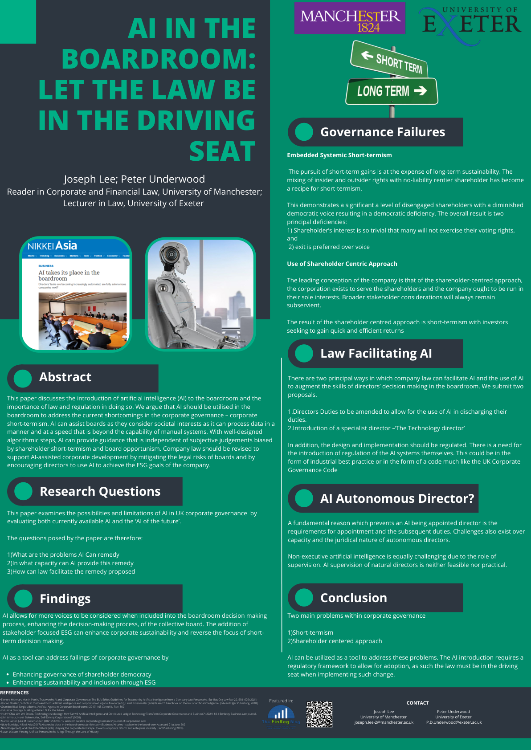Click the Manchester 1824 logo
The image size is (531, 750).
(x=350, y=19)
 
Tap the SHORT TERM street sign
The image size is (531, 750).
(x=390, y=61)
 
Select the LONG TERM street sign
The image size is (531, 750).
(x=392, y=91)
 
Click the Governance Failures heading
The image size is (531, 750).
(x=382, y=132)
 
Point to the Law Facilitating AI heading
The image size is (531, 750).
(x=376, y=353)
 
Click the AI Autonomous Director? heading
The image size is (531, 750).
(x=396, y=498)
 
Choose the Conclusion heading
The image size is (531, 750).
(x=353, y=598)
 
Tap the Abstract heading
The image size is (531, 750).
(x=65, y=377)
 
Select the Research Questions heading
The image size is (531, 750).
(x=100, y=491)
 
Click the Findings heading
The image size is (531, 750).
(x=65, y=599)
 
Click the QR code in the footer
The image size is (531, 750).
(x=319, y=714)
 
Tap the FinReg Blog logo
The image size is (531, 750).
(x=281, y=715)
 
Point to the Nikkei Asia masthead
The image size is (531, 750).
(x=53, y=246)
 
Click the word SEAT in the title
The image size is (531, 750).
(x=222, y=151)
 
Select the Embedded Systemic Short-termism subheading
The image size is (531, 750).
(x=339, y=155)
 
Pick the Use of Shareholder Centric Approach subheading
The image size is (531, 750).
(x=342, y=264)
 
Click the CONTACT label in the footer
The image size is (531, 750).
(x=417, y=703)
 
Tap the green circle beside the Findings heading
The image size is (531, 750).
(x=24, y=599)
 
